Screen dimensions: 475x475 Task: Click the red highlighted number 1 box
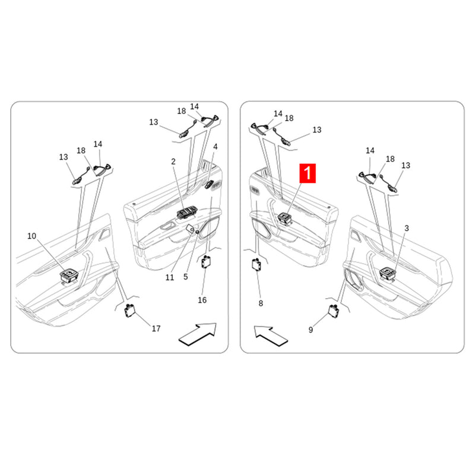click(309, 173)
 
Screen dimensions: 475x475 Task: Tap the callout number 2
click(173, 161)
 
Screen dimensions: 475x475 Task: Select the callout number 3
click(407, 228)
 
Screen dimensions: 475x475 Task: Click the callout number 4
click(216, 146)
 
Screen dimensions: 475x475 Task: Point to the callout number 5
click(186, 277)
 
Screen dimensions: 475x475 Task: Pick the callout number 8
click(260, 303)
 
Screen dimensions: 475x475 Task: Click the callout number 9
click(311, 330)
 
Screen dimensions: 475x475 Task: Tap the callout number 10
click(31, 236)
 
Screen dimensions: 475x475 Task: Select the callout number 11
click(170, 277)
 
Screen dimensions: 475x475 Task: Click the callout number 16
click(202, 300)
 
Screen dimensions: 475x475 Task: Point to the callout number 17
click(156, 328)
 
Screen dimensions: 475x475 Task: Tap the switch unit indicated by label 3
click(388, 273)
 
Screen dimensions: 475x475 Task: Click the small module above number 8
click(258, 265)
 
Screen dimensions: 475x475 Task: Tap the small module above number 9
click(334, 308)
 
